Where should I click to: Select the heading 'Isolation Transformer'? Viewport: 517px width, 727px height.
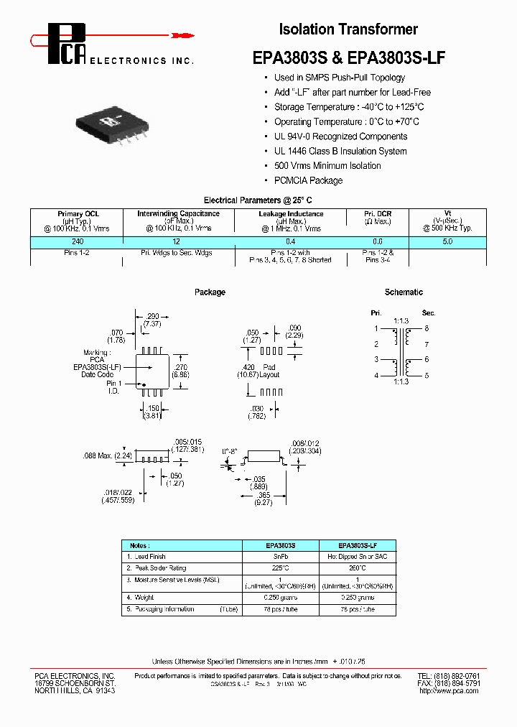(348, 29)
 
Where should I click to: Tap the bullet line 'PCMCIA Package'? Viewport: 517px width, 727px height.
(308, 180)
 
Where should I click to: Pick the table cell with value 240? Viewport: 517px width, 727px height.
(78, 242)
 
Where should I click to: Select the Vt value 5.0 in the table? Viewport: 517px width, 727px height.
(447, 242)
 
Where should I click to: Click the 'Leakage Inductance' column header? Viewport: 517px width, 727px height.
(291, 214)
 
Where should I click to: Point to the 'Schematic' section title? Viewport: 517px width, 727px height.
(404, 292)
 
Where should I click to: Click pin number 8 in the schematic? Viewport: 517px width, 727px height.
(426, 328)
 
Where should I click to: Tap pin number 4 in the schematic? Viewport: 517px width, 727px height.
(375, 376)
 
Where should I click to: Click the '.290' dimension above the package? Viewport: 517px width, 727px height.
(152, 317)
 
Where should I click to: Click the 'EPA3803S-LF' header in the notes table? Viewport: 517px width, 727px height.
(357, 545)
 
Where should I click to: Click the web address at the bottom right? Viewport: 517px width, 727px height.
(449, 691)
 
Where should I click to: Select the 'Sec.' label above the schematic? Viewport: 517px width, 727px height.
(429, 313)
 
